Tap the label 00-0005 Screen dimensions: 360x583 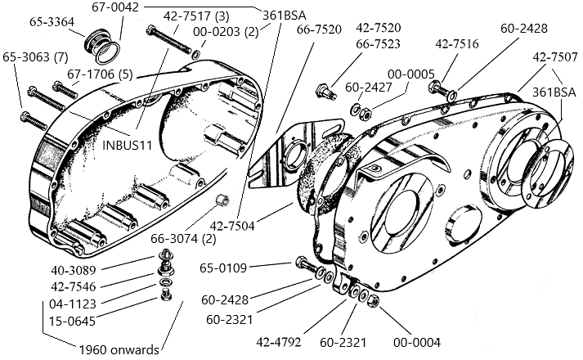(x=410, y=74)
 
